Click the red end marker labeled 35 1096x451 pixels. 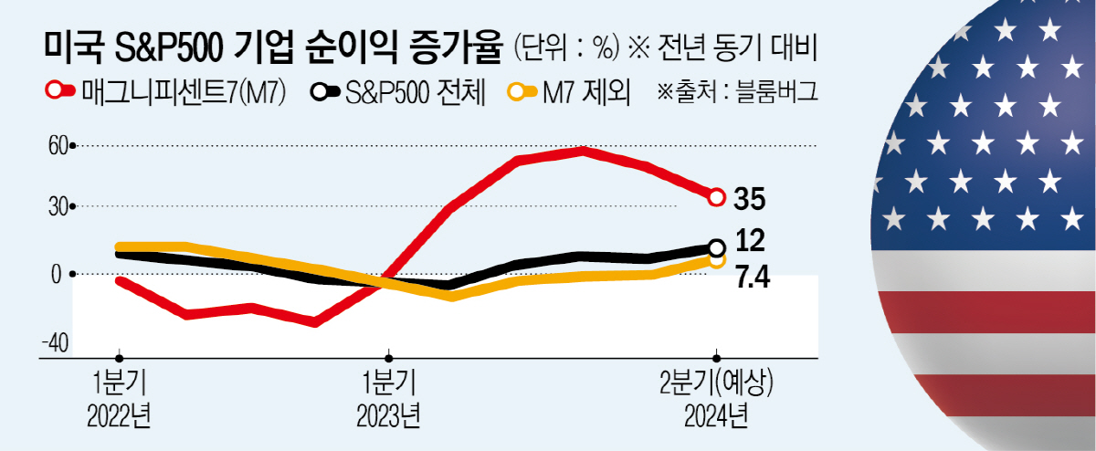tap(717, 196)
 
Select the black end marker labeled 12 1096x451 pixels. tap(717, 247)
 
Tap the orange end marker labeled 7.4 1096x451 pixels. tap(718, 260)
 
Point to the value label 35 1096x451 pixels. tap(749, 197)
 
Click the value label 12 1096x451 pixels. tap(749, 243)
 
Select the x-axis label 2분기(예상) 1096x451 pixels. tap(716, 382)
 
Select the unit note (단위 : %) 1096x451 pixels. tap(566, 46)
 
